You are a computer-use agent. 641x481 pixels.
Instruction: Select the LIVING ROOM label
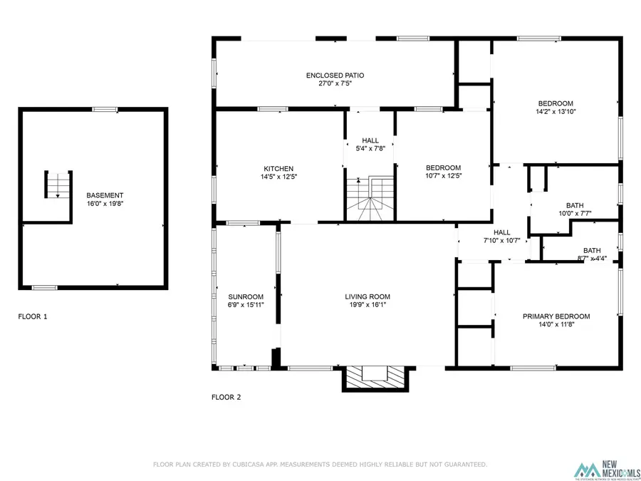tap(368, 297)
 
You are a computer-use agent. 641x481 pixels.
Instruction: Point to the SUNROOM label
tap(246, 297)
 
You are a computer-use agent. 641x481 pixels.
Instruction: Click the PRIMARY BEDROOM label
tap(556, 316)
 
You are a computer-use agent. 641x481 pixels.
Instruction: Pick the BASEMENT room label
tap(105, 195)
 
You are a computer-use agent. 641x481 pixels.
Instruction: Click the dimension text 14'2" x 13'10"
tap(556, 112)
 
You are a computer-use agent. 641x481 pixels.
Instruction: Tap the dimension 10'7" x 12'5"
tap(444, 177)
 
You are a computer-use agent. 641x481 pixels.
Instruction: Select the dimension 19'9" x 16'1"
tap(368, 305)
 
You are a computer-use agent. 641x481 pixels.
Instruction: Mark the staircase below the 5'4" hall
tap(370, 200)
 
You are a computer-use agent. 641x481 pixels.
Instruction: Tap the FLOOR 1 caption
tap(33, 316)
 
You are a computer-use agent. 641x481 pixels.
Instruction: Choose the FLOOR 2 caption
tap(226, 397)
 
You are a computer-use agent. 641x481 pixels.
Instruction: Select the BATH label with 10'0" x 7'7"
tap(575, 205)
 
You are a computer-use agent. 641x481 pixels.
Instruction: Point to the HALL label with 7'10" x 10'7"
tap(502, 232)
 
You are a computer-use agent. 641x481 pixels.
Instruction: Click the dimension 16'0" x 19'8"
tap(105, 204)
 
